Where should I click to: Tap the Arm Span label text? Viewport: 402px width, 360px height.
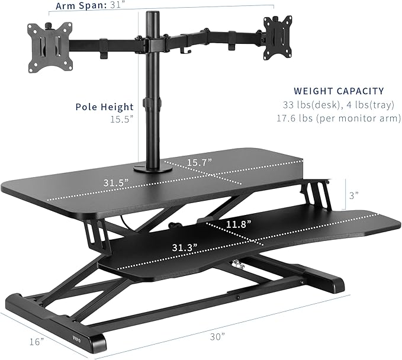tap(79, 7)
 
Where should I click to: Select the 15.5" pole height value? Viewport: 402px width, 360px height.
tap(120, 119)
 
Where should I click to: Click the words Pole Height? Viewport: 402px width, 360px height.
tap(104, 107)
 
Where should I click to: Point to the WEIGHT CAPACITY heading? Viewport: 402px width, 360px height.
tap(339, 91)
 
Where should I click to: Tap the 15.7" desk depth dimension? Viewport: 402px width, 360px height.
tap(201, 162)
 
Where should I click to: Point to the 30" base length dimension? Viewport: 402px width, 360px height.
tap(217, 336)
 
